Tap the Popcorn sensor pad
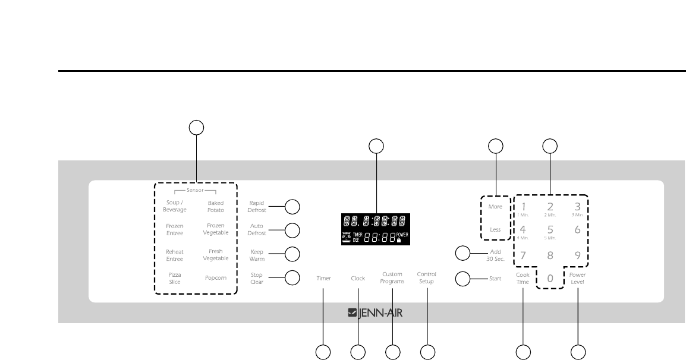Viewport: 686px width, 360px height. coord(215,278)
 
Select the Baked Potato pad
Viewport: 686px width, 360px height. coord(215,206)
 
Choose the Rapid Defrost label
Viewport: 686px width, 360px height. coord(257,206)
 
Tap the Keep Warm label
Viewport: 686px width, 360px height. coord(257,255)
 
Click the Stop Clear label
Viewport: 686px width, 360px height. coord(257,278)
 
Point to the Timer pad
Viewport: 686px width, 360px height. coord(323,278)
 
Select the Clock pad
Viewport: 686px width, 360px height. coord(358,278)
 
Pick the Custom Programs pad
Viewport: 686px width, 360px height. coord(392,277)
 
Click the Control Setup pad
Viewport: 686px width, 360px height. coord(427,277)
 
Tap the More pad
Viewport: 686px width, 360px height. coord(495,207)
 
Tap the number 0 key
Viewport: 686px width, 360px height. coord(550,278)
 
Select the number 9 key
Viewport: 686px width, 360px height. coord(577,256)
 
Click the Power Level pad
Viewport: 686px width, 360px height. coord(577,278)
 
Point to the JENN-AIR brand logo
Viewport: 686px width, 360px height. coord(375,312)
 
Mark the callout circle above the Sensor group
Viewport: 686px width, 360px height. coord(196,127)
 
